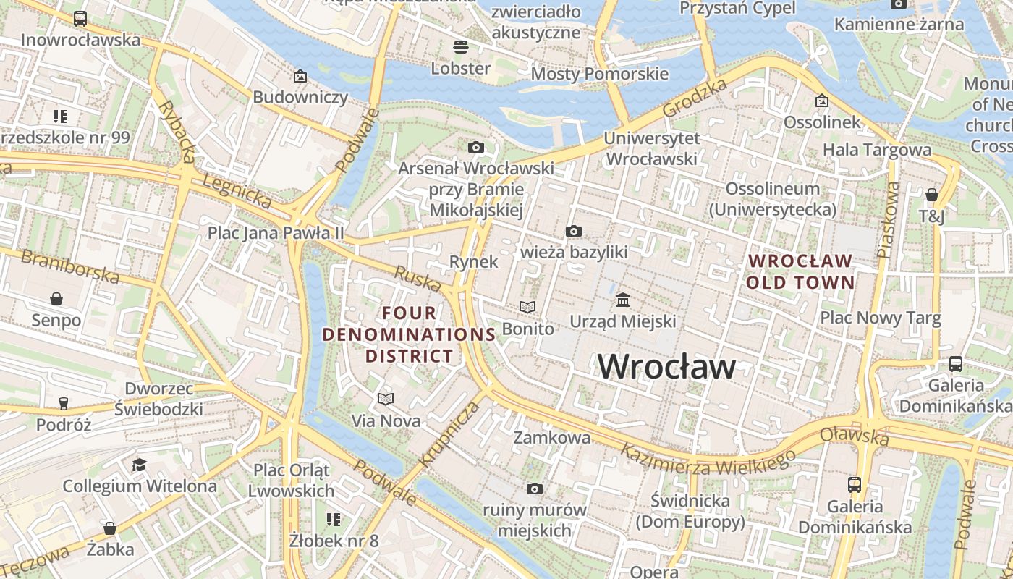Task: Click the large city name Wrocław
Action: point(666,367)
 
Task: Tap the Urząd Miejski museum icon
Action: point(623,300)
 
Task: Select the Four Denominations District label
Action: point(410,334)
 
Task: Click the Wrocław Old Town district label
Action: point(800,271)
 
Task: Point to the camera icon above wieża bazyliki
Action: point(574,232)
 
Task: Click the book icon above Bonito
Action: point(528,308)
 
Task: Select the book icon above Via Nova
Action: point(386,399)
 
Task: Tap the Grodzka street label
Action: point(695,98)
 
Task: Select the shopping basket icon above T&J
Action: point(932,195)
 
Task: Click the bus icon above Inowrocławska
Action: point(80,19)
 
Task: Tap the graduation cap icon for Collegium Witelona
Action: point(139,465)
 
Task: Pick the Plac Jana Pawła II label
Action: point(276,233)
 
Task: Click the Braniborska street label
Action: point(69,266)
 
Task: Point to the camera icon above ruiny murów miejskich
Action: point(535,489)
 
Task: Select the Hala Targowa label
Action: point(877,150)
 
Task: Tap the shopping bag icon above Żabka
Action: point(110,528)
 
